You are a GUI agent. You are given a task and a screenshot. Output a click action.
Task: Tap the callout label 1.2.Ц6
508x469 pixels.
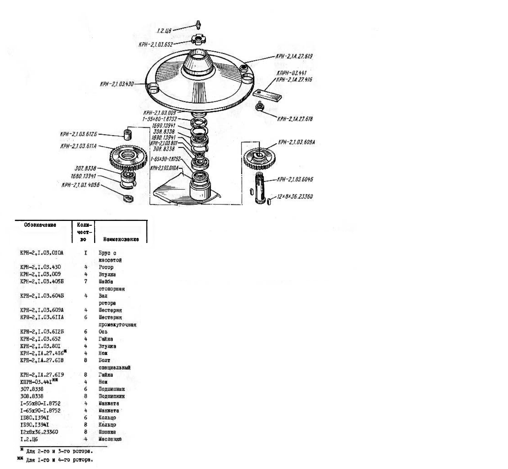click(x=164, y=31)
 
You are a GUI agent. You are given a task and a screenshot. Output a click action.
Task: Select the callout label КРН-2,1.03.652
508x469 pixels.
click(x=156, y=44)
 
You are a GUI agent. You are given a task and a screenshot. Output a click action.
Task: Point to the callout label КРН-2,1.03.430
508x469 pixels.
click(x=116, y=84)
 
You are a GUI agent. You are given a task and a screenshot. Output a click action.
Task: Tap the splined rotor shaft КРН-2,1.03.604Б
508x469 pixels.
click(x=260, y=188)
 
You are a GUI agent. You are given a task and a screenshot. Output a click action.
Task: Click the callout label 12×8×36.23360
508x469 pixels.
click(x=295, y=196)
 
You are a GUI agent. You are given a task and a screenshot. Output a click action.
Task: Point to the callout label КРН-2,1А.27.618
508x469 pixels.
click(x=295, y=119)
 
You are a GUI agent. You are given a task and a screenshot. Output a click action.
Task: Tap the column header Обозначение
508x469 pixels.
click(x=40, y=225)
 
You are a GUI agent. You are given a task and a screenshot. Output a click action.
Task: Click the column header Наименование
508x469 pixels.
click(x=121, y=239)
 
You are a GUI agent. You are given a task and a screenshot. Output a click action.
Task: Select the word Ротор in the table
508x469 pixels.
click(x=106, y=267)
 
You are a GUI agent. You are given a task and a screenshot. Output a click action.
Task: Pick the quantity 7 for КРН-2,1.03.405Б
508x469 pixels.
click(x=86, y=281)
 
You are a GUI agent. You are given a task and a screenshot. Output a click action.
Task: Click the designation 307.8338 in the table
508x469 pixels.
click(x=32, y=389)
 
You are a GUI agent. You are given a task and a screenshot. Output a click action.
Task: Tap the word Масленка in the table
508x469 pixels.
click(x=110, y=439)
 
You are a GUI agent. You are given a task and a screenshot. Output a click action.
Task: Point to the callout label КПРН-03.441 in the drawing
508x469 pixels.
click(x=291, y=73)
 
